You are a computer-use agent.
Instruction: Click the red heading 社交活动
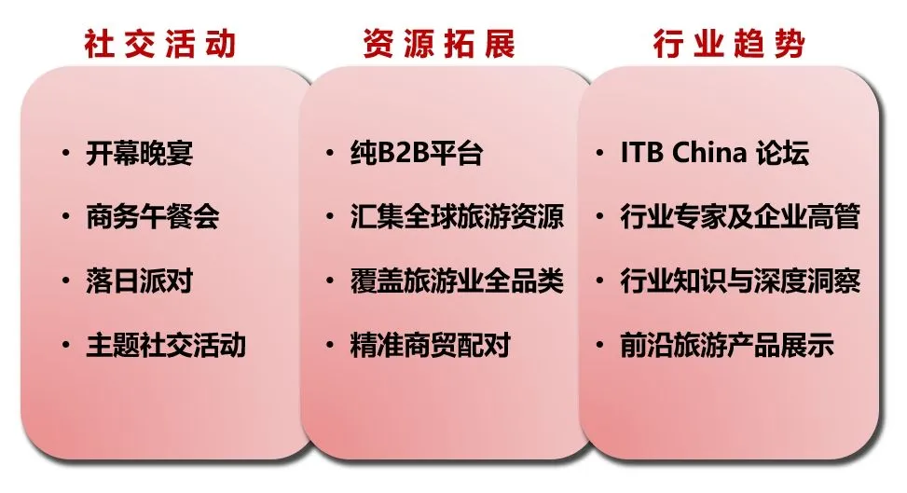tap(159, 43)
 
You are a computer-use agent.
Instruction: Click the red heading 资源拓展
tap(439, 43)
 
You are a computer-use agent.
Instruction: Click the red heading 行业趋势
tap(728, 43)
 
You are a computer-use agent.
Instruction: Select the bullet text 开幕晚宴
tap(139, 153)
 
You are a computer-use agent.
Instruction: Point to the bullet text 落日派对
tap(139, 281)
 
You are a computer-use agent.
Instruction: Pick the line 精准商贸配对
tap(430, 346)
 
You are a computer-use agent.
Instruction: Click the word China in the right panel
tap(709, 153)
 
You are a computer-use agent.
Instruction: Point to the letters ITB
tap(641, 153)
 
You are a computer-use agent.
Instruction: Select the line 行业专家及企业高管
tap(739, 217)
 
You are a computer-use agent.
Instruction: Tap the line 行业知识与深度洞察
tap(739, 281)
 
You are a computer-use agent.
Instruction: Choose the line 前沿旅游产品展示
tap(726, 346)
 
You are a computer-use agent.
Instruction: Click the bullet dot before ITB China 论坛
tap(601, 153)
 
